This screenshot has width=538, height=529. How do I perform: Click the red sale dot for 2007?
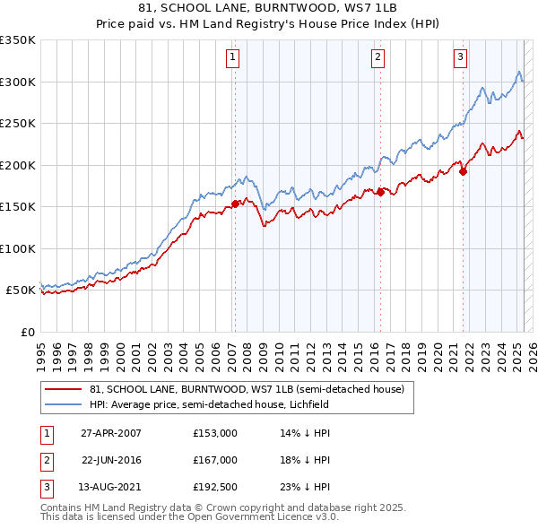tap(235, 204)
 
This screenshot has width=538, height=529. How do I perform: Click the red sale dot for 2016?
tap(380, 191)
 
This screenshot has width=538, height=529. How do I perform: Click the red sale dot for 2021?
tap(463, 172)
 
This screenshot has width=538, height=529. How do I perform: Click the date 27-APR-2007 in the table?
tap(111, 432)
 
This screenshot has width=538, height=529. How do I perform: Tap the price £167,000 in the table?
tap(215, 460)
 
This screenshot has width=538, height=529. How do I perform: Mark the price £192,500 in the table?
tap(215, 488)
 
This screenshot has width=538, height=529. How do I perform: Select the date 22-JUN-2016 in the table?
tap(111, 460)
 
